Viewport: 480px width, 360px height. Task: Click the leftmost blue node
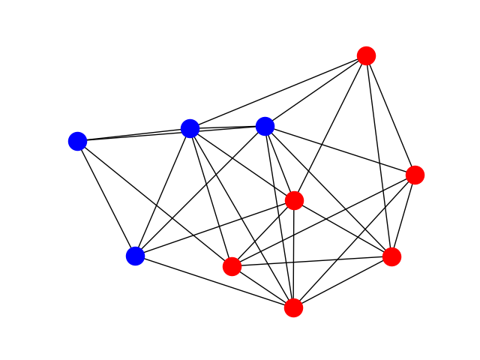pos(77,141)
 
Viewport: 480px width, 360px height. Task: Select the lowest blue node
pos(135,256)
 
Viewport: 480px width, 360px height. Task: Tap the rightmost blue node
pos(265,126)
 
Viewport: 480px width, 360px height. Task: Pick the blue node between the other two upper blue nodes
pos(190,128)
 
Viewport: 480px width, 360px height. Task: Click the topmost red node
pos(366,55)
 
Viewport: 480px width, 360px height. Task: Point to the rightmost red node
pos(415,175)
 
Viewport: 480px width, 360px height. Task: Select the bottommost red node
pos(293,307)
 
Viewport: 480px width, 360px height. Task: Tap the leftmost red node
pos(232,266)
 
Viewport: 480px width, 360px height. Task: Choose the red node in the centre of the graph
pos(294,200)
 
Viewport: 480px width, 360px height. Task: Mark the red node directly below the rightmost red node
pos(391,256)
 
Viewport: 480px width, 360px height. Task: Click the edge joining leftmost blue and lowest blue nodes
pos(106,198)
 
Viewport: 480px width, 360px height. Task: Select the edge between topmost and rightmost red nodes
pos(390,115)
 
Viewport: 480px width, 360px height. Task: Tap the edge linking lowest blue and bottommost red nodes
pos(214,281)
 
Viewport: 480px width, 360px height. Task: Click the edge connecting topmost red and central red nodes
pos(330,127)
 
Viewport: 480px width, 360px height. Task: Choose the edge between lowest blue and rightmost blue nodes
pos(199,191)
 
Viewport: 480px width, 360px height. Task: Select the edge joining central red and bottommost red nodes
pos(293,253)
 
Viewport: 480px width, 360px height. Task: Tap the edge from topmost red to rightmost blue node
pos(315,91)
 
